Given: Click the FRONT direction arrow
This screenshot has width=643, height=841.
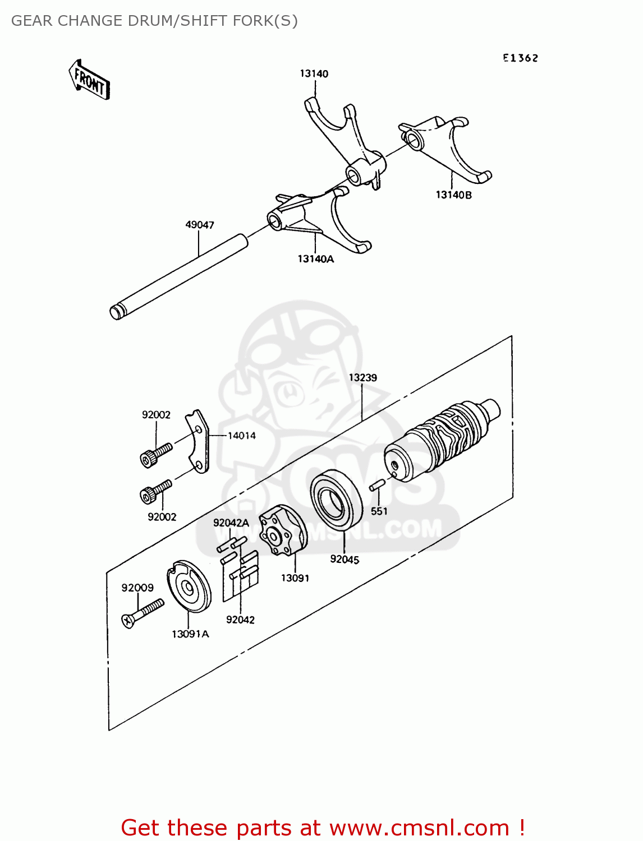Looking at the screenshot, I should click(x=89, y=80).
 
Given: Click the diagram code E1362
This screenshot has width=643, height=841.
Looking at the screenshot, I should click(x=520, y=58).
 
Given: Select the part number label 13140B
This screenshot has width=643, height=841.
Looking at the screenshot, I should click(x=453, y=195).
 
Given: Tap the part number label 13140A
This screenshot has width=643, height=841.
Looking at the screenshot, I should click(x=315, y=258).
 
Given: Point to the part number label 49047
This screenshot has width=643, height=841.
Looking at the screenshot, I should click(x=200, y=225).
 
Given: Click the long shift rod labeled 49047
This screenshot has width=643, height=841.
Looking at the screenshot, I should click(x=180, y=276).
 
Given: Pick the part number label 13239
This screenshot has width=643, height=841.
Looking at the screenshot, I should click(x=362, y=377).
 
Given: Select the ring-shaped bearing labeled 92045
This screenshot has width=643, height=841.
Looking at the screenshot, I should click(x=336, y=500).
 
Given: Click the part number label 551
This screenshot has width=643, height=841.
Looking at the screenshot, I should click(x=379, y=511).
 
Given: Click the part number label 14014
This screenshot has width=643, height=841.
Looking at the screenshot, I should click(x=241, y=436).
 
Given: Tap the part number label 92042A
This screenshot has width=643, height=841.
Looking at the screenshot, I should click(x=231, y=523).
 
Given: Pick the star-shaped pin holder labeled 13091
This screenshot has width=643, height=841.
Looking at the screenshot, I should click(x=283, y=530).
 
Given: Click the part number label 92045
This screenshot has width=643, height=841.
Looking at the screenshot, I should click(x=345, y=559).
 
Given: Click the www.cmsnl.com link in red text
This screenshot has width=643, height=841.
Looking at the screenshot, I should click(x=419, y=828).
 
